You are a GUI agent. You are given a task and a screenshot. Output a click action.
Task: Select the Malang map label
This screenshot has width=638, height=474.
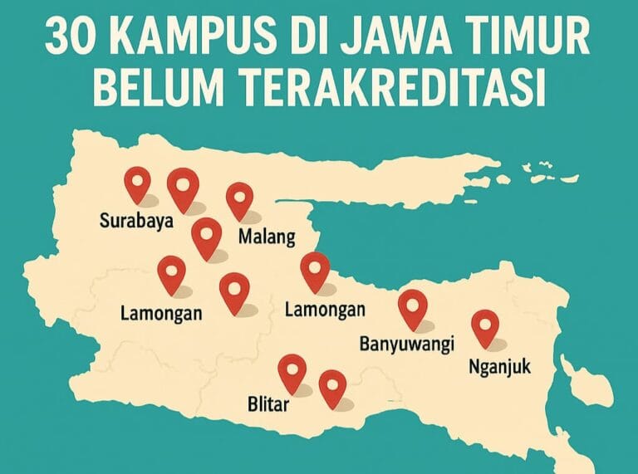267,237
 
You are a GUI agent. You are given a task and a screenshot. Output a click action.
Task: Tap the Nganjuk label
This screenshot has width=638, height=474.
498,366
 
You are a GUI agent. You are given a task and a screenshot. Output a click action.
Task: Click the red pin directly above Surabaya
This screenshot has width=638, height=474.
136,182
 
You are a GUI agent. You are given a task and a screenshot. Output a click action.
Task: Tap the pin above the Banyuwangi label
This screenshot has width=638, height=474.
412,306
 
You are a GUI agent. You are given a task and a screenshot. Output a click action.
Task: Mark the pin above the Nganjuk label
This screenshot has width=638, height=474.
484,325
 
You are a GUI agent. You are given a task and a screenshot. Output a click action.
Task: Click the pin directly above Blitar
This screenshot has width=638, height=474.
292,370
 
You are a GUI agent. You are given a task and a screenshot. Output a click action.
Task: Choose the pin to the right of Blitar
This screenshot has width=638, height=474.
332,386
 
